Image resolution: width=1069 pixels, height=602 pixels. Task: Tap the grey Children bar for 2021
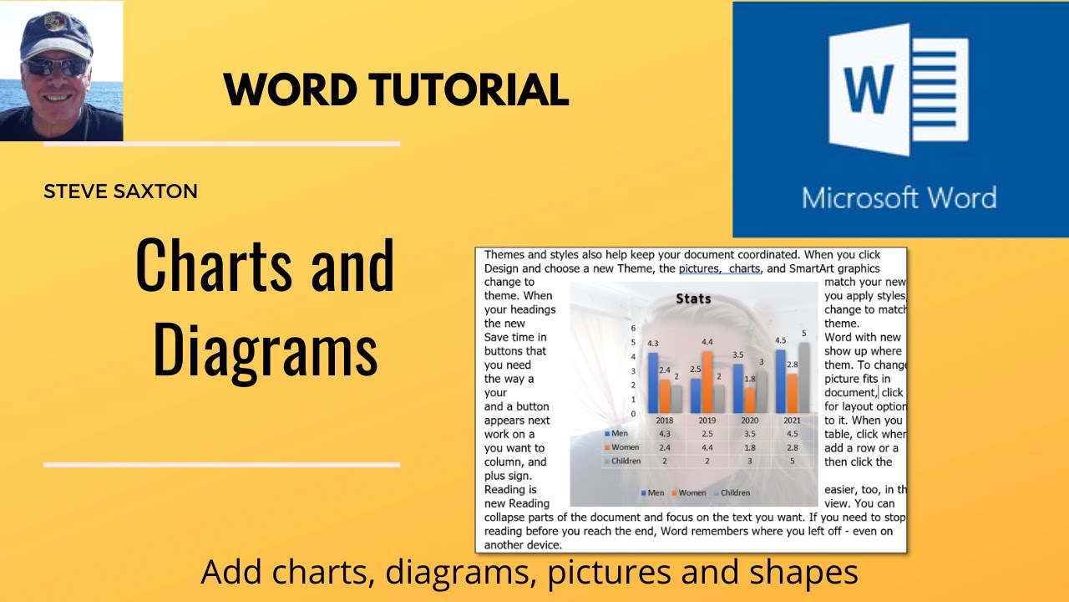tap(804, 377)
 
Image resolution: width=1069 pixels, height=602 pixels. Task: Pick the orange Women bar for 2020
tap(750, 400)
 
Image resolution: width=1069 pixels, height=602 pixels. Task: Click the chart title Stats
tap(693, 298)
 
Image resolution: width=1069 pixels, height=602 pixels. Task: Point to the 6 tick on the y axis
tap(633, 329)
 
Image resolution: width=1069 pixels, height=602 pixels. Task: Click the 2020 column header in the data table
tap(750, 421)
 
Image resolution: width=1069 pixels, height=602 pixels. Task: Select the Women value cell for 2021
tap(792, 447)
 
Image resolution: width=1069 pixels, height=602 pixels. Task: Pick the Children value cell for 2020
tap(750, 461)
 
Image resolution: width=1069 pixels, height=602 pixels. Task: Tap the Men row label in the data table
tap(619, 434)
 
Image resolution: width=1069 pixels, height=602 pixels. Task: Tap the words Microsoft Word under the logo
tap(899, 198)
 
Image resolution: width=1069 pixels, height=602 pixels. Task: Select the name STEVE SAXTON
tap(120, 191)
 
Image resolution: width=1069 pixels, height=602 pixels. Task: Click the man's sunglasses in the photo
tap(56, 66)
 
